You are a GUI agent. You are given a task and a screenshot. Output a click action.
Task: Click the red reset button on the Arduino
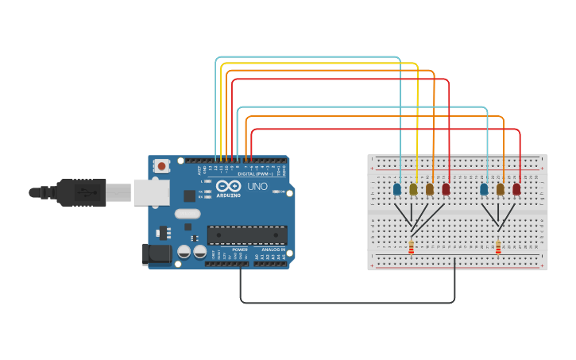tap(162, 166)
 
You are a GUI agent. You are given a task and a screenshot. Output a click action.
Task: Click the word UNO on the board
tap(257, 186)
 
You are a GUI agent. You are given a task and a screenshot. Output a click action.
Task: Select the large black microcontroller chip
tap(247, 234)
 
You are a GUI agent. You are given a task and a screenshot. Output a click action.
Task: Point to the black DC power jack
tap(156, 254)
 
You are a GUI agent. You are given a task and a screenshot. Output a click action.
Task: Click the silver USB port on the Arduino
tap(151, 192)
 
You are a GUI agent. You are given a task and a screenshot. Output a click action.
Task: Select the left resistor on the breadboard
tap(411, 247)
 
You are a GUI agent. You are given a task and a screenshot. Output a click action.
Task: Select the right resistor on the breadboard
tap(498, 247)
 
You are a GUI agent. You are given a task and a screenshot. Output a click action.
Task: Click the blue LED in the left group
tap(397, 189)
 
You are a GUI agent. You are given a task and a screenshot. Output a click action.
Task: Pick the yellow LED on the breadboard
tap(413, 189)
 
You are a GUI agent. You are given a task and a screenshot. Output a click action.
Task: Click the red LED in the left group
tap(446, 189)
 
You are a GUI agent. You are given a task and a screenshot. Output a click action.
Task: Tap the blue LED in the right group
tap(484, 189)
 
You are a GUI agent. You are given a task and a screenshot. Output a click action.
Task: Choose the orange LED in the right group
tap(501, 189)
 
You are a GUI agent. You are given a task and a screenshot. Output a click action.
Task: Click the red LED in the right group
tap(516, 189)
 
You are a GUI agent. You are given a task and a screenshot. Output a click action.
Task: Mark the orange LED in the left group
tap(430, 189)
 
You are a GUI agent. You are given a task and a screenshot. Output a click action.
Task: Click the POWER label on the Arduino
tap(239, 249)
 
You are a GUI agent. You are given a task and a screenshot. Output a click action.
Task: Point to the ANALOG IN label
tap(273, 249)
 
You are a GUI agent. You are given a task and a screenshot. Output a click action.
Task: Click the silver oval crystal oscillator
tap(187, 213)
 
